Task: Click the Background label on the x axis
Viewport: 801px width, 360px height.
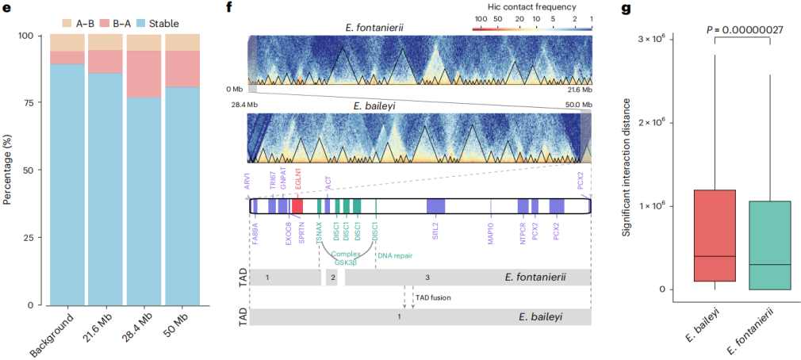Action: pos(63,333)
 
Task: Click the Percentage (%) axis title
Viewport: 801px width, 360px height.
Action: pos(9,170)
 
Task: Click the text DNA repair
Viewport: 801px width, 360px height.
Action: pos(394,255)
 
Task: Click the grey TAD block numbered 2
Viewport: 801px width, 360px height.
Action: pos(332,278)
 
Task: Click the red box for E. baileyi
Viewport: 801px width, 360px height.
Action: pos(715,236)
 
